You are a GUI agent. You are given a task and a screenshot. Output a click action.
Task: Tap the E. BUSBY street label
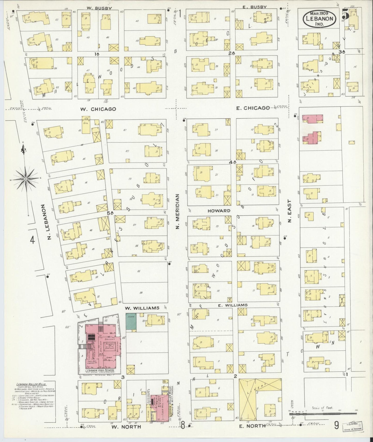point(254,7)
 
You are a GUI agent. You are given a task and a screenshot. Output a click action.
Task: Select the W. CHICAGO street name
point(98,109)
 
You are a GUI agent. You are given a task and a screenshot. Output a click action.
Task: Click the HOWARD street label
point(219,211)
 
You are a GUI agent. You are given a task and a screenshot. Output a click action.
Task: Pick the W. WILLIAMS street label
point(142,308)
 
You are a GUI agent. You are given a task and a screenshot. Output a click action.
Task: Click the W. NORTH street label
point(126,427)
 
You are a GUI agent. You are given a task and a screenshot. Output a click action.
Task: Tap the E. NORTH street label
point(252,426)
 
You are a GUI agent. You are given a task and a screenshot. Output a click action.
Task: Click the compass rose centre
point(26,178)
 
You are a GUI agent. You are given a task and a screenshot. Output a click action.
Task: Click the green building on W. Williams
point(131,321)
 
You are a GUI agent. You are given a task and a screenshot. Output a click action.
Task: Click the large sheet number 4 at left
point(32,240)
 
